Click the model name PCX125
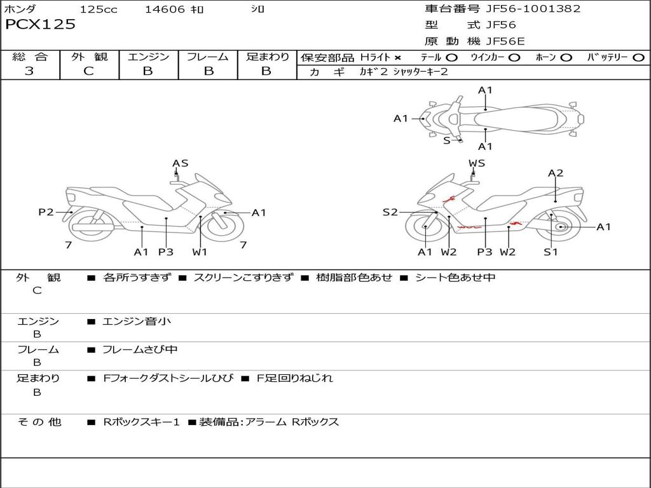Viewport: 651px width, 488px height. tap(40, 25)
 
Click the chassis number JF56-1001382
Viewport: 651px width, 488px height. tap(533, 9)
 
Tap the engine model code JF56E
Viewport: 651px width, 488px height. tap(505, 41)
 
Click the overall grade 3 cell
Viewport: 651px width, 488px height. tap(29, 71)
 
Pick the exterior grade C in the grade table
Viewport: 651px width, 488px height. tap(89, 71)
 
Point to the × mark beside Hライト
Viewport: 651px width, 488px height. tap(398, 58)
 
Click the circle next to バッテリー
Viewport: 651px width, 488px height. tap(639, 58)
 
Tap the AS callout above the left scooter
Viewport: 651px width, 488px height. tap(180, 163)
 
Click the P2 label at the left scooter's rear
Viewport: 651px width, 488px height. tap(46, 212)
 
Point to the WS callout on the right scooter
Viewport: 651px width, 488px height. tap(477, 163)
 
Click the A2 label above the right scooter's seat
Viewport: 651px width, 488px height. tap(556, 173)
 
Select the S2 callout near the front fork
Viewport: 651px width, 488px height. tap(390, 212)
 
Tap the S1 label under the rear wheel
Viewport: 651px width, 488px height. tap(551, 252)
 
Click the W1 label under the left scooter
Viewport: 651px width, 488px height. tap(199, 252)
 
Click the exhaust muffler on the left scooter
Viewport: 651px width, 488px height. tap(93, 227)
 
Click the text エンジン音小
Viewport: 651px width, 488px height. tap(137, 321)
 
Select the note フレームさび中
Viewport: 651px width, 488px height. tap(140, 350)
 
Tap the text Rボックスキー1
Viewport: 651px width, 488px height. tap(141, 422)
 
